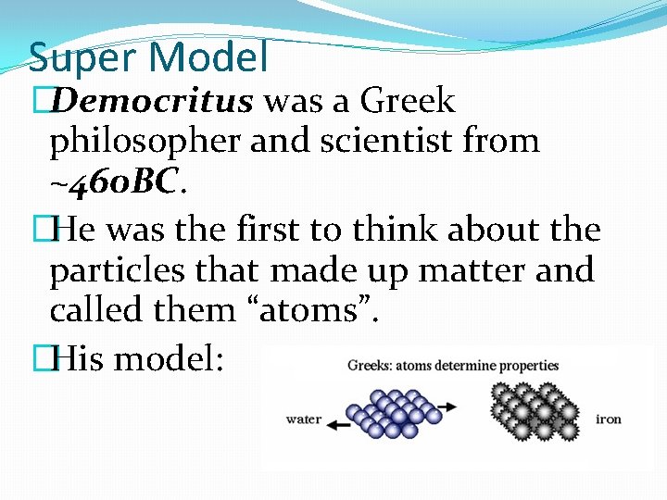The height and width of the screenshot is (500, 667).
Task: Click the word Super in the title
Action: (x=82, y=57)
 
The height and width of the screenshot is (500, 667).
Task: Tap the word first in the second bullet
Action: (x=309, y=229)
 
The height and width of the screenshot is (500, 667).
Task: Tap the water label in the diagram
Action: (x=304, y=419)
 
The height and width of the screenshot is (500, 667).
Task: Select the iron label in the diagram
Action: (x=609, y=419)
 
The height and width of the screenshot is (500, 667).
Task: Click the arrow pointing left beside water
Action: (x=344, y=426)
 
